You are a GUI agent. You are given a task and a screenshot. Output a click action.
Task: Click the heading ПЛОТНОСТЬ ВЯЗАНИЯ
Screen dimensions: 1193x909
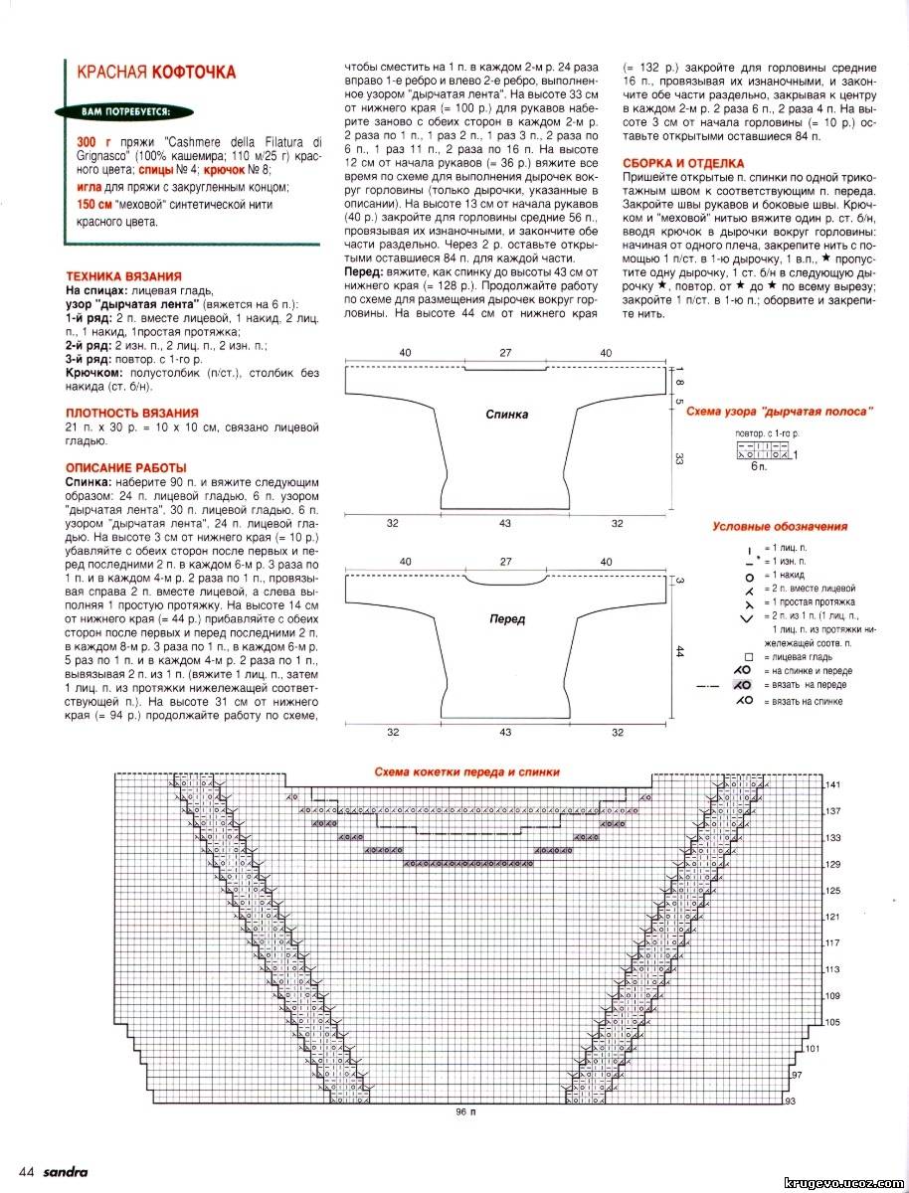tap(131, 412)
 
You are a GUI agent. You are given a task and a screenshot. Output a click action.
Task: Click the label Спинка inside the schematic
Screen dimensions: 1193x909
tap(507, 415)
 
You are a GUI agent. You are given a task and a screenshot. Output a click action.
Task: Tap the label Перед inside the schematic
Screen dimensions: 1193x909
tap(507, 618)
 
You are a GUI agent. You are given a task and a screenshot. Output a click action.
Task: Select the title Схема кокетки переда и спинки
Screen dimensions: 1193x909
tap(466, 770)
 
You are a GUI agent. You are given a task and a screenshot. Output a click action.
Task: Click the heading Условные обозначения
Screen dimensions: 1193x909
tap(780, 527)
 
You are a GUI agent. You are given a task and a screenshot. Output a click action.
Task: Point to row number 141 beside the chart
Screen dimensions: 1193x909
tap(832, 785)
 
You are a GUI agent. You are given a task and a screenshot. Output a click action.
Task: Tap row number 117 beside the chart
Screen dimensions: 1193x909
tap(832, 942)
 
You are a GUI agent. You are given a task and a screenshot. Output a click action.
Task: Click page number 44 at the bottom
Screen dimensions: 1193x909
tap(28, 1170)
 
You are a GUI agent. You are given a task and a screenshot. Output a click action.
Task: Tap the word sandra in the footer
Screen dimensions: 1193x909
tap(66, 1170)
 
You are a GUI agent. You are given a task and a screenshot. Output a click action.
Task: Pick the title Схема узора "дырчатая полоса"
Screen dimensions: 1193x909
tap(788, 411)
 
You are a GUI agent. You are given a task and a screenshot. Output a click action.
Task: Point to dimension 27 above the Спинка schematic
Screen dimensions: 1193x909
tap(505, 353)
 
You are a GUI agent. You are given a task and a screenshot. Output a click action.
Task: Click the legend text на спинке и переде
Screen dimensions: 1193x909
tap(808, 671)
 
